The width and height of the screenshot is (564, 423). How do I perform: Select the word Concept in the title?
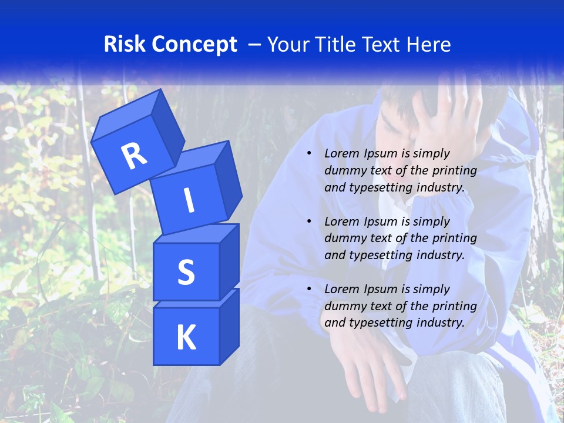pyautogui.click(x=194, y=45)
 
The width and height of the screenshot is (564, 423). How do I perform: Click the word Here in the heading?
pyautogui.click(x=429, y=45)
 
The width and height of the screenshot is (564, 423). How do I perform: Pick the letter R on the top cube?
pyautogui.click(x=134, y=155)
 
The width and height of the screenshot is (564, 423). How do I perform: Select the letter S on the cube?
pyautogui.click(x=186, y=272)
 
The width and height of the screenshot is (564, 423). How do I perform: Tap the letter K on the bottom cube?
pyautogui.click(x=186, y=337)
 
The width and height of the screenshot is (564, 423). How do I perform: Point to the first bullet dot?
pyautogui.click(x=309, y=153)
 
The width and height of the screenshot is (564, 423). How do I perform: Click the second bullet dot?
pyautogui.click(x=309, y=221)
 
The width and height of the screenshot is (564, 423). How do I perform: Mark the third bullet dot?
pyautogui.click(x=309, y=289)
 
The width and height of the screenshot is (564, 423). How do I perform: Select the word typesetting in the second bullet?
pyautogui.click(x=382, y=255)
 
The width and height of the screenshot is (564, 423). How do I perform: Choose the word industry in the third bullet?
pyautogui.click(x=440, y=323)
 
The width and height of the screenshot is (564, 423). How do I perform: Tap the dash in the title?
pyautogui.click(x=255, y=45)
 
